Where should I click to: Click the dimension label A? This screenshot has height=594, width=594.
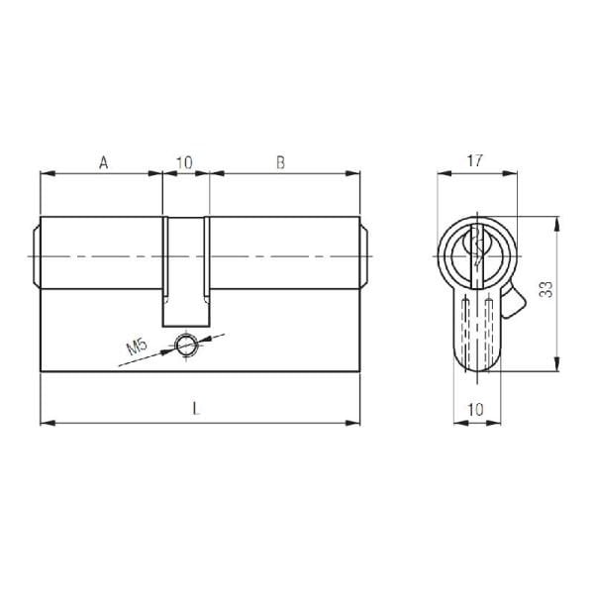click(x=102, y=162)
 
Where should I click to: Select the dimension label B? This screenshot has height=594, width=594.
click(x=280, y=162)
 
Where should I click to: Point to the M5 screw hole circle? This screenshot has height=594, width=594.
click(x=184, y=345)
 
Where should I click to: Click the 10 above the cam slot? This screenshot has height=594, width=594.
click(x=185, y=162)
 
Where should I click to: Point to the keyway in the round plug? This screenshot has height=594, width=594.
click(x=477, y=252)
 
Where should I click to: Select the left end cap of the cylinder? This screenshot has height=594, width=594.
click(x=36, y=254)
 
